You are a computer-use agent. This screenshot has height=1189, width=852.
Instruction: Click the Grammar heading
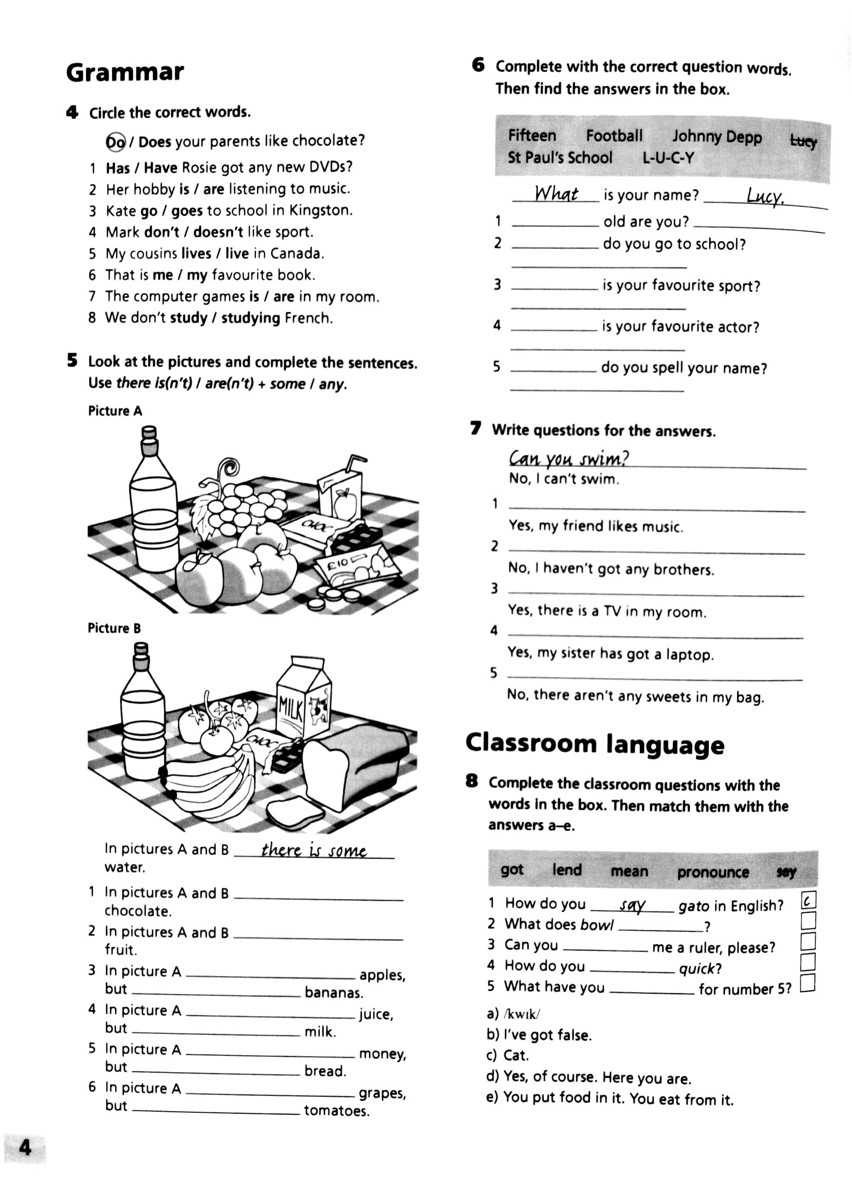tap(125, 73)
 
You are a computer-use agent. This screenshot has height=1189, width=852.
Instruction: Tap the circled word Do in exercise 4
tap(116, 141)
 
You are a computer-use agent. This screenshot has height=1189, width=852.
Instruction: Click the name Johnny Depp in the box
tap(717, 137)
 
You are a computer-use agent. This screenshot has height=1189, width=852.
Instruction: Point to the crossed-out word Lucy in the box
tap(803, 140)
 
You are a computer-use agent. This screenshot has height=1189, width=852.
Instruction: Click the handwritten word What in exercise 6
tap(556, 194)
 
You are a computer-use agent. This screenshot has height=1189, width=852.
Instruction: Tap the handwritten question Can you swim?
tap(568, 459)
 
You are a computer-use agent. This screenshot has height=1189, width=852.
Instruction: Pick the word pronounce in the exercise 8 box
tap(712, 872)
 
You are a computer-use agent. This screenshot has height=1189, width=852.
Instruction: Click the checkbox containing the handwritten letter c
tap(808, 901)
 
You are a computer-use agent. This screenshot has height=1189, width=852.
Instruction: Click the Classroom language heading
tap(595, 744)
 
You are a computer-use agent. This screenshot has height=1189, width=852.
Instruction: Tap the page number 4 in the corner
tap(25, 1149)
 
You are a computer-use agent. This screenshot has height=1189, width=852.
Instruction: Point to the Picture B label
tap(114, 628)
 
